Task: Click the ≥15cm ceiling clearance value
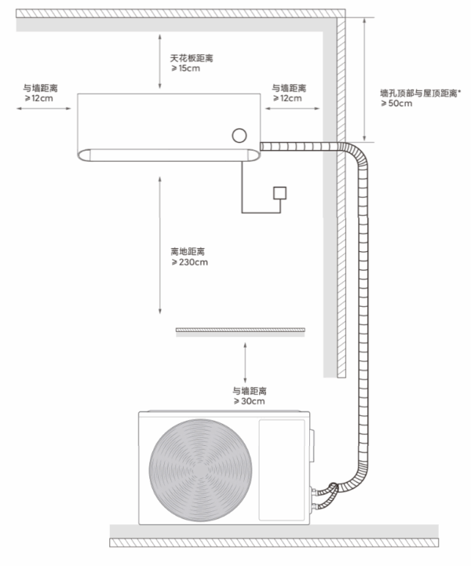[187, 70]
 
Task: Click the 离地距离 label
[188, 251]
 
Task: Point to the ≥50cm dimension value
[396, 104]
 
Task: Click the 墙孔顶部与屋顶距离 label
[420, 93]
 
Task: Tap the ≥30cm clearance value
[248, 401]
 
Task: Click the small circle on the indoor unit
[239, 135]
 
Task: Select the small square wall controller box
[279, 193]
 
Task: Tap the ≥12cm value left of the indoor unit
[40, 98]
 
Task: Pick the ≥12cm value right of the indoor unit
[287, 98]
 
